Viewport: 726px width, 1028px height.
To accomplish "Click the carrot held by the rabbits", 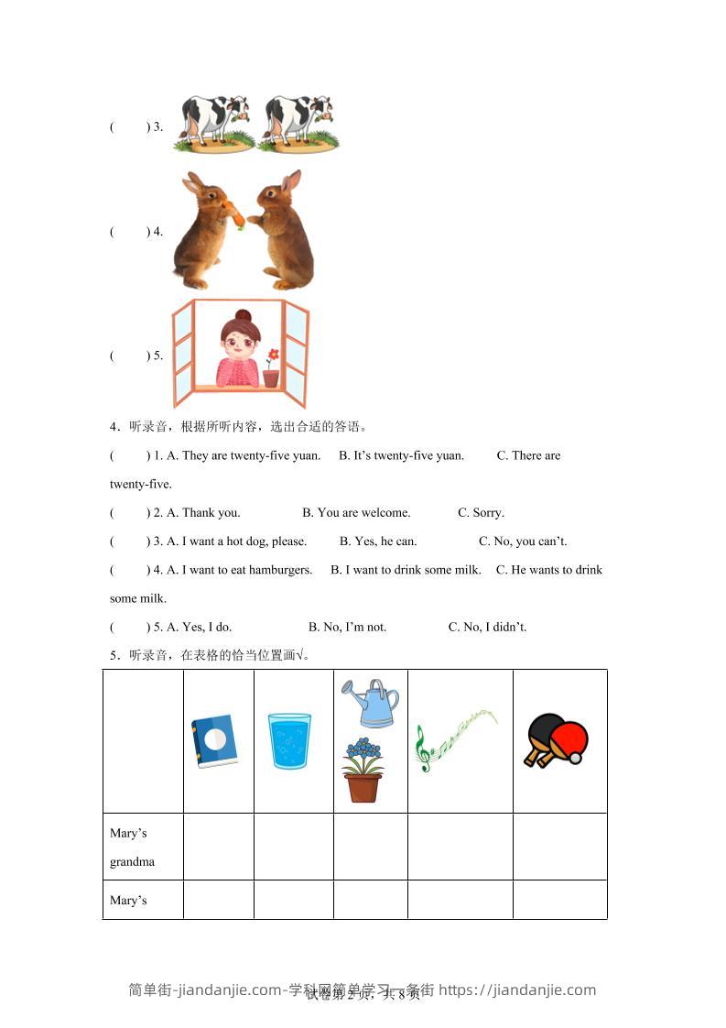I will click(x=236, y=215).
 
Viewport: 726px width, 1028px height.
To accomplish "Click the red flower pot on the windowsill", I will click(x=271, y=377).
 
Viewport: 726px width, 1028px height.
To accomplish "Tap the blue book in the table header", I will click(x=214, y=740).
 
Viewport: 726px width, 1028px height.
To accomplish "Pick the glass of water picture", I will click(x=289, y=740).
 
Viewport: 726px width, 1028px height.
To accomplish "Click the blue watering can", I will click(x=371, y=703).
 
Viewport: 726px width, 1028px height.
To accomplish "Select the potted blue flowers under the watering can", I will click(x=363, y=770).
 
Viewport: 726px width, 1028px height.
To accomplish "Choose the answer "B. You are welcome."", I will click(x=356, y=512).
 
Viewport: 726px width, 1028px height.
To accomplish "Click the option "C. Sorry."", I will click(x=481, y=512).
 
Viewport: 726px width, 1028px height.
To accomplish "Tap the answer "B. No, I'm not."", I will click(x=347, y=627).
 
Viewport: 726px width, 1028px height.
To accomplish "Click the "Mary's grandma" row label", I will click(x=131, y=847).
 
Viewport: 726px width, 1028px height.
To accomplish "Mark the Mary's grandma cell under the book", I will click(x=218, y=847).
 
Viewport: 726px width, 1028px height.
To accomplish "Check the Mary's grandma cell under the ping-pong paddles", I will click(x=559, y=847).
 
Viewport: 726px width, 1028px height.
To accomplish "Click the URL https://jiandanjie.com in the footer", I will click(x=517, y=990).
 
